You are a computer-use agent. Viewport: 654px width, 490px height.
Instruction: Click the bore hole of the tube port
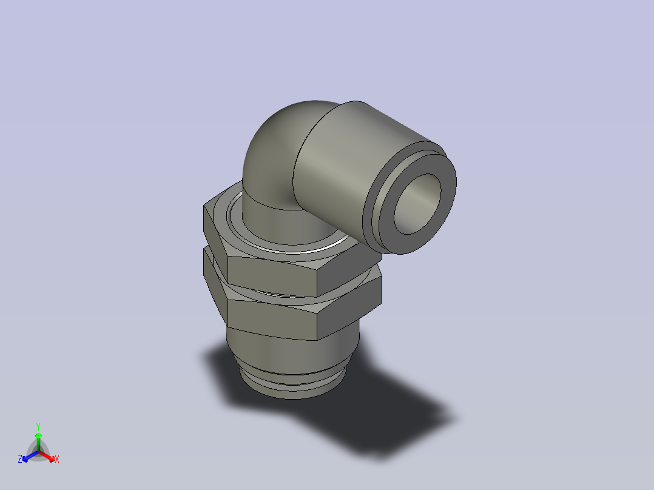tap(417, 204)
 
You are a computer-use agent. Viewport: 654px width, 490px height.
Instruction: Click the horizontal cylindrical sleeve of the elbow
tap(342, 167)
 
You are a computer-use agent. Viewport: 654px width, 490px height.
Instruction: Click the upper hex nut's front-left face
tap(272, 275)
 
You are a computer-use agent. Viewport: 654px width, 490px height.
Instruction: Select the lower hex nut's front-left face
tap(272, 319)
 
